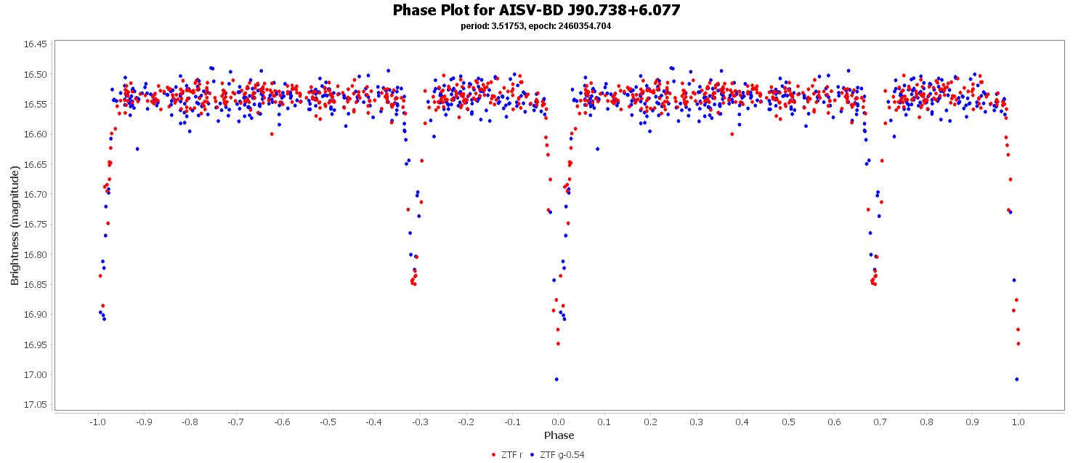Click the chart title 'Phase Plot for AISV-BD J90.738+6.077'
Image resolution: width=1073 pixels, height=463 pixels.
(536, 10)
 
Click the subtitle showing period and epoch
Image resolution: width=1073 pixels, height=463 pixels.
(536, 26)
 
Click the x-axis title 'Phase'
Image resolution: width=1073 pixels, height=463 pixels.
(559, 435)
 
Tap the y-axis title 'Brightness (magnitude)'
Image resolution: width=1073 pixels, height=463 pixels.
(15, 225)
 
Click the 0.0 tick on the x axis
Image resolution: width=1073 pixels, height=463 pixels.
(558, 422)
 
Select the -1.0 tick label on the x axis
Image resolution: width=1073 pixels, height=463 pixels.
(97, 422)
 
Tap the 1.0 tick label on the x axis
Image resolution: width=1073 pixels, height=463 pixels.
(1019, 422)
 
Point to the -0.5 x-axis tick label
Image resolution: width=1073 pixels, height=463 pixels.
(328, 422)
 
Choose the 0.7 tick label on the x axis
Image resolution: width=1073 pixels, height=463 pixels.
(880, 422)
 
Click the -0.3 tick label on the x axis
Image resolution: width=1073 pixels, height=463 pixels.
(420, 422)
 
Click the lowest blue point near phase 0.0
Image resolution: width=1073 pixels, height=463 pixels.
(556, 379)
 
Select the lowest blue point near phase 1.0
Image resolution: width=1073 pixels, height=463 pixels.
(1016, 379)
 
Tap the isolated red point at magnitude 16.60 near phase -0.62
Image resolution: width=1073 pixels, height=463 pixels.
(272, 134)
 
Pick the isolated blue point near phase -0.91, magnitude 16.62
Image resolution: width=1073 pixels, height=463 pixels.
(137, 149)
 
